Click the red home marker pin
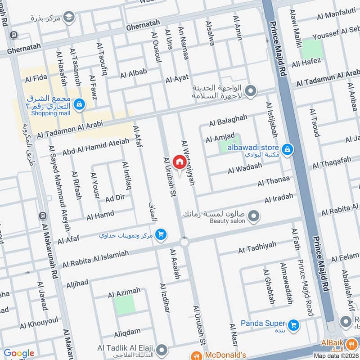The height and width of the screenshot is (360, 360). click(x=180, y=162)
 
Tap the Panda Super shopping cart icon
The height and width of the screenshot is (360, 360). click(x=294, y=324)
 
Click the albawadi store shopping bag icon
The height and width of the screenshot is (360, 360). click(x=287, y=149)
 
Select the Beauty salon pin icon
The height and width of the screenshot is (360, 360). click(x=254, y=216)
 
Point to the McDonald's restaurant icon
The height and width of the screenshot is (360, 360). click(x=196, y=355)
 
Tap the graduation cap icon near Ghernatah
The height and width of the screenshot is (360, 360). click(x=68, y=18)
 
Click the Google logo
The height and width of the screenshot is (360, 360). click(x=18, y=354)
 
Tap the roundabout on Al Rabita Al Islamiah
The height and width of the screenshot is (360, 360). click(x=184, y=243)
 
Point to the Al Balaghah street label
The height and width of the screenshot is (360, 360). click(x=228, y=120)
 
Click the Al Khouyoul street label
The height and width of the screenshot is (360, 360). click(x=39, y=322)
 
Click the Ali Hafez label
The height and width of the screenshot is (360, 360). click(x=306, y=63)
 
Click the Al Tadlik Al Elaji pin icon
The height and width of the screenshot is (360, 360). click(x=163, y=349)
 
